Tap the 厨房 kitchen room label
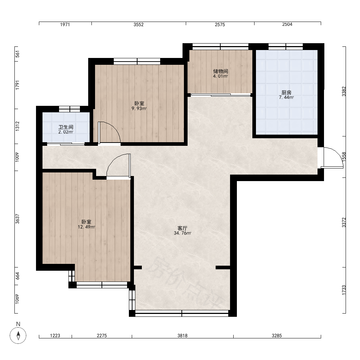click(x=286, y=93)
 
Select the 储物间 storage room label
click(x=220, y=71)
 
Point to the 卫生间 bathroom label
click(x=66, y=127)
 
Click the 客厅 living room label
click(x=183, y=228)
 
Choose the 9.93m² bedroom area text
click(x=139, y=108)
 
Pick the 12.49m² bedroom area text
click(x=86, y=227)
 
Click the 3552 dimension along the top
click(x=139, y=24)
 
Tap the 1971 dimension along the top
click(x=65, y=24)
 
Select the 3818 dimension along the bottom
click(x=182, y=336)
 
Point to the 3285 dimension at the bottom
click(x=276, y=336)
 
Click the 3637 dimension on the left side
click(x=17, y=219)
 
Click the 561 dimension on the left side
click(x=17, y=54)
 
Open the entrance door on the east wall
click(x=330, y=158)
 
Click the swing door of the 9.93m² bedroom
click(x=109, y=133)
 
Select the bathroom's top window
click(x=69, y=109)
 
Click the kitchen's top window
click(x=285, y=46)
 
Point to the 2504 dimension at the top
click(x=287, y=24)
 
